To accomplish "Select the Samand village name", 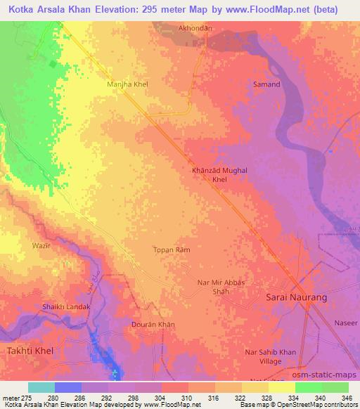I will coord(266,84).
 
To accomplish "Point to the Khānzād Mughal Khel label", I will coord(220,174).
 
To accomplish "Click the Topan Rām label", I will coord(172,249).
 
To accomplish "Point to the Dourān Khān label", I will coord(153,325).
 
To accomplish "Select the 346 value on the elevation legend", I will coord(347,398).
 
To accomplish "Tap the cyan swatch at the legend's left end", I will coord(41,387).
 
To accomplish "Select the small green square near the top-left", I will coord(53,64).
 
